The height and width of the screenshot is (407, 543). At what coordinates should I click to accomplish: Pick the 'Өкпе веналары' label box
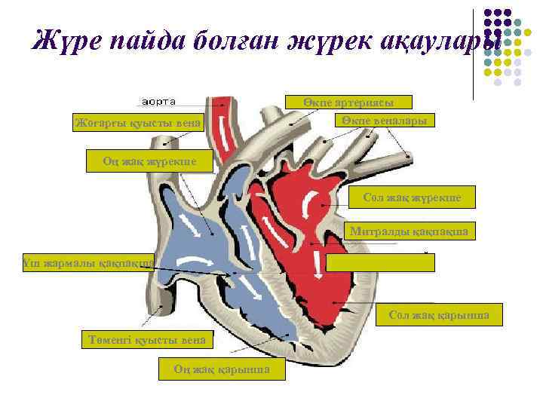pos(384,120)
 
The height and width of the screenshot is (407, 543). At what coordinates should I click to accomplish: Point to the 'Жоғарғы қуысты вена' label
pos(137,122)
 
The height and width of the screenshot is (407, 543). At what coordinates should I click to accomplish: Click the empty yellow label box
pos(381,262)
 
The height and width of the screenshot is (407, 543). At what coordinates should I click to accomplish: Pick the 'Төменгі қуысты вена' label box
pos(146,340)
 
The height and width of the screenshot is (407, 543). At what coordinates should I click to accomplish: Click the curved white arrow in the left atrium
pos(308,203)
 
